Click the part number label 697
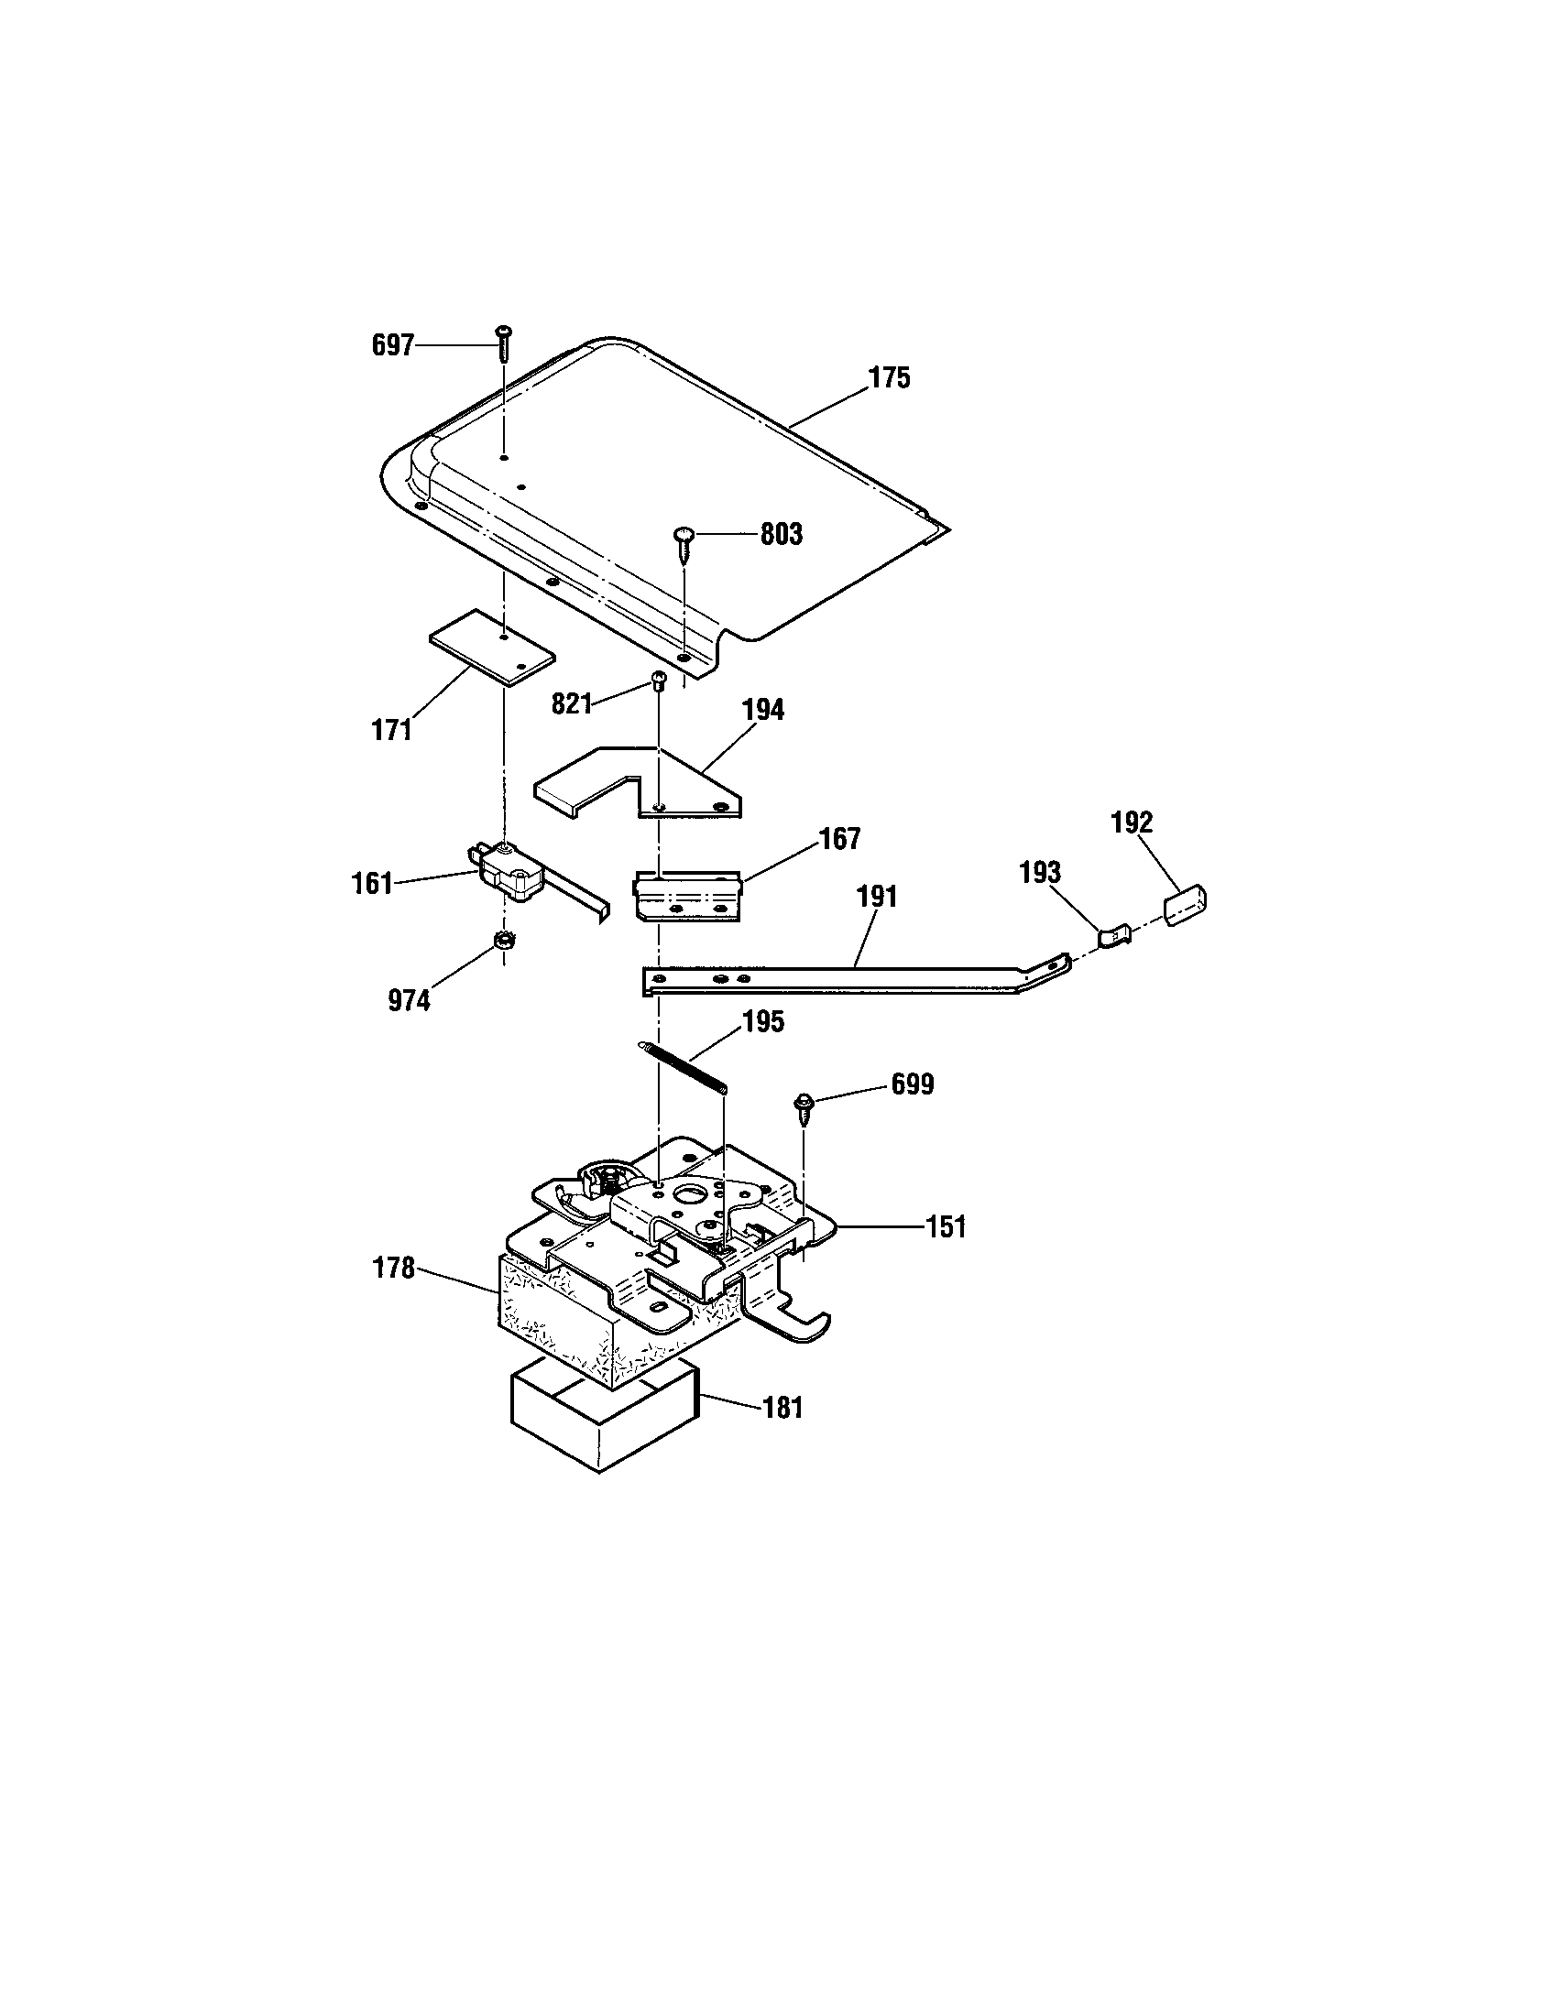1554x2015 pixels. (x=392, y=346)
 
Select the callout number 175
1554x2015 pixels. (x=889, y=378)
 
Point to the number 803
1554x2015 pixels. (x=781, y=534)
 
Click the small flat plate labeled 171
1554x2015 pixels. (x=492, y=647)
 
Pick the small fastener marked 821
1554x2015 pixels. (x=659, y=681)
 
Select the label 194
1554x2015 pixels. (x=763, y=710)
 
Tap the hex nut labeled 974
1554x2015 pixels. (x=504, y=942)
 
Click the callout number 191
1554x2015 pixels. (x=877, y=896)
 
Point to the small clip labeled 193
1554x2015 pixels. (x=1115, y=935)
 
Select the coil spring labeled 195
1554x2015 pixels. (x=683, y=1068)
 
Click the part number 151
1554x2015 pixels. (x=946, y=1227)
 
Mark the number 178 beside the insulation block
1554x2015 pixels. (x=394, y=1269)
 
